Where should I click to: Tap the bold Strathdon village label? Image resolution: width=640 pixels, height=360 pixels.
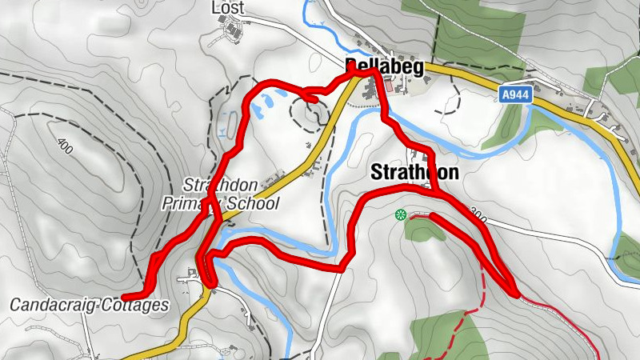tap(414, 172)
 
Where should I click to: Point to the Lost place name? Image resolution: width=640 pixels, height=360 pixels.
tap(227, 7)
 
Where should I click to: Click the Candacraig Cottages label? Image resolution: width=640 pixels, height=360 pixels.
tap(90, 305)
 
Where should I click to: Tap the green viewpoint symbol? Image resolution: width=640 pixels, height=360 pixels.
tap(401, 214)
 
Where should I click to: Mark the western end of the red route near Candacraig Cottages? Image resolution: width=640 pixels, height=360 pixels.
tap(125, 297)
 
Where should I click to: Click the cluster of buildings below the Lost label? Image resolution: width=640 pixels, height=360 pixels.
tap(234, 33)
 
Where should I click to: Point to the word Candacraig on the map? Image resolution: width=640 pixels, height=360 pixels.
tap(54, 305)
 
